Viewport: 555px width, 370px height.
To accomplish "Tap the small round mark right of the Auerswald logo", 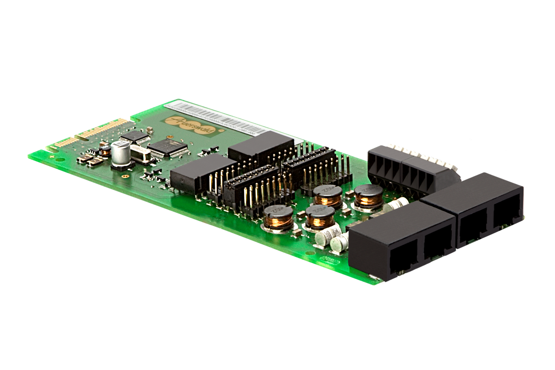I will click(229, 131).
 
